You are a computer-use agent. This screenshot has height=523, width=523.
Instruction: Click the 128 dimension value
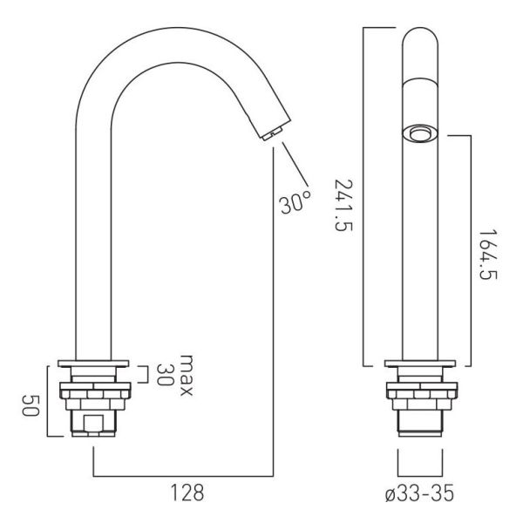tap(187, 492)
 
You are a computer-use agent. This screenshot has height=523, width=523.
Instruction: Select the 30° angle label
tap(295, 201)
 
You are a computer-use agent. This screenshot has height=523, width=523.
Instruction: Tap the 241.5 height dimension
tap(343, 205)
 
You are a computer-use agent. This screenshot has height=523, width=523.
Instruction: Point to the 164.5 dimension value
tap(488, 255)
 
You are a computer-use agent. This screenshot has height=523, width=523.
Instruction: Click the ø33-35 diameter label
tap(419, 493)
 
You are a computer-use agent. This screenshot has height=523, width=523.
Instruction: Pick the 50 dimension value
tap(31, 405)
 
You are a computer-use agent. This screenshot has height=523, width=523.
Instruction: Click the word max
tap(187, 375)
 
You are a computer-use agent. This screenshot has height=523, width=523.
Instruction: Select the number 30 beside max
tap(165, 375)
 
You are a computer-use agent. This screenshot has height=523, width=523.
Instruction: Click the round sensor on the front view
tap(420, 133)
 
